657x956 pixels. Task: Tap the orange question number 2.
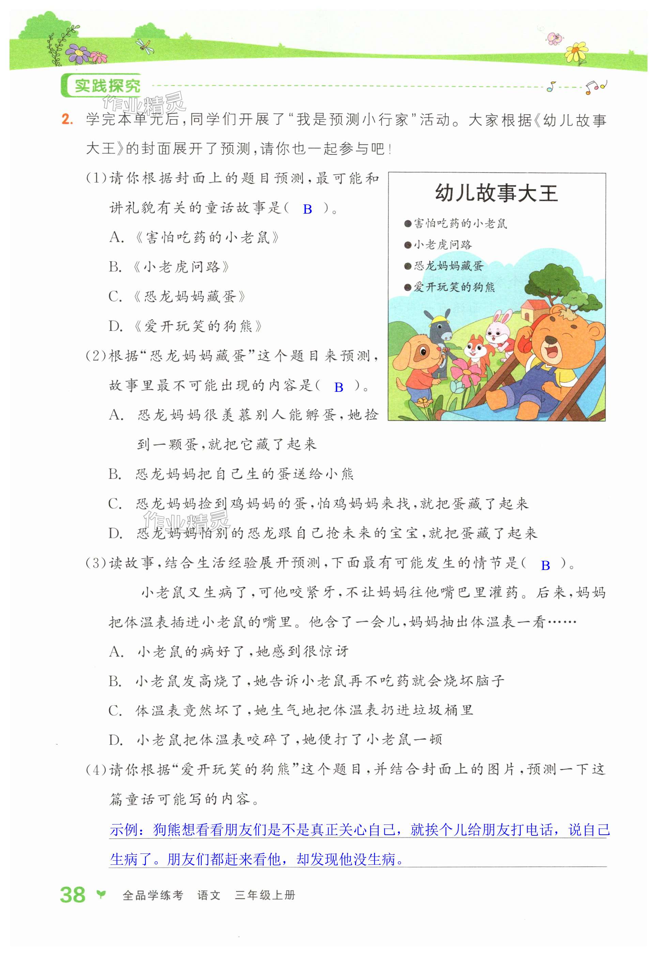(x=67, y=120)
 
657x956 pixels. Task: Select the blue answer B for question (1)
(x=307, y=210)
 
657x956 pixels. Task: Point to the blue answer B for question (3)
(x=546, y=566)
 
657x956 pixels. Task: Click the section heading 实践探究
(x=107, y=86)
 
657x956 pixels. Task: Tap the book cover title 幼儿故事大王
(x=496, y=193)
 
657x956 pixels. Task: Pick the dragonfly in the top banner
(x=146, y=45)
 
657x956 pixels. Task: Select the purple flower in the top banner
(x=78, y=53)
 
